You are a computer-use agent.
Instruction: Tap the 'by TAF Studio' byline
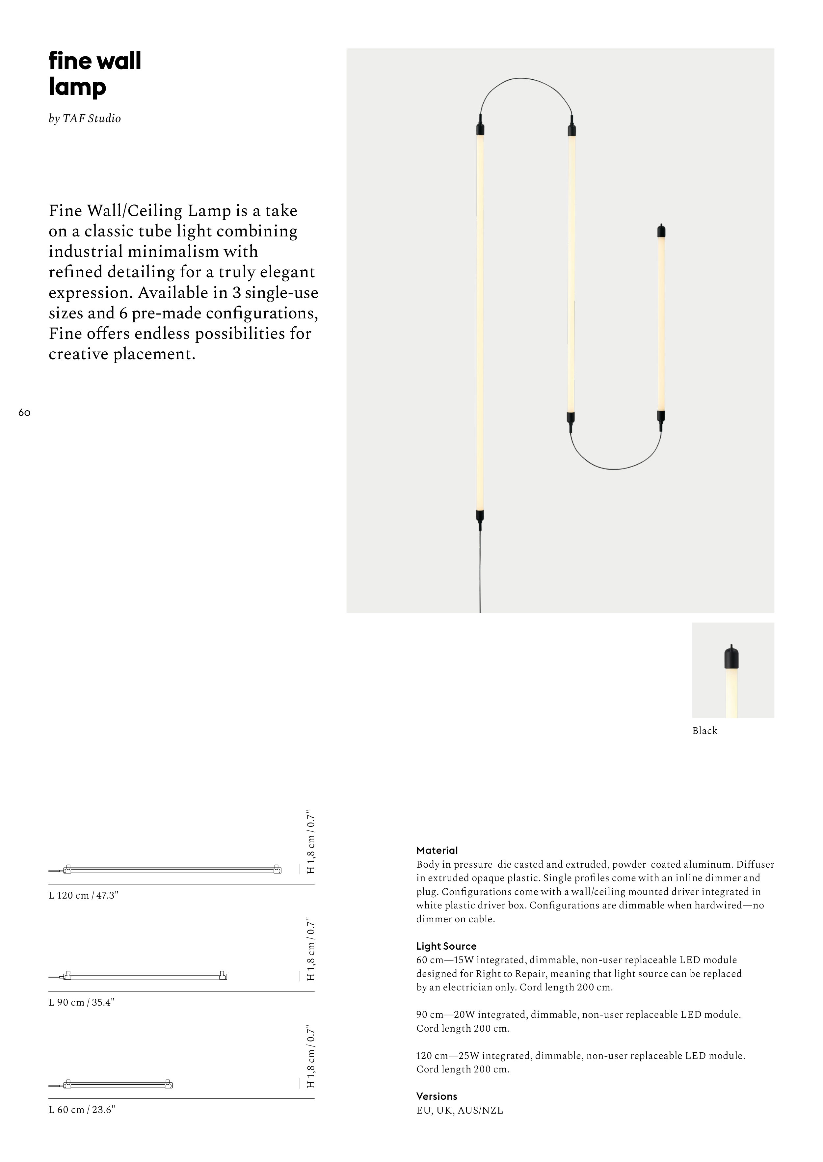click(85, 119)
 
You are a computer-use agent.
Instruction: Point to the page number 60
click(24, 413)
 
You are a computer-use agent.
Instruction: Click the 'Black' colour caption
click(704, 730)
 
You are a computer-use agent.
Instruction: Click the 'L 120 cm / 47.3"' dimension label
click(83, 895)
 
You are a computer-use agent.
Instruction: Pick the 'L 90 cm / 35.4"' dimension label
click(81, 1002)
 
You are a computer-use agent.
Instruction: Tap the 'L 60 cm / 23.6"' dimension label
click(82, 1109)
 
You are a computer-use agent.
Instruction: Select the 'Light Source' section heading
click(446, 946)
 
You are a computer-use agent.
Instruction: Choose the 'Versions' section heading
click(436, 1096)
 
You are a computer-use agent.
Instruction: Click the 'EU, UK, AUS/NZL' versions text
click(459, 1110)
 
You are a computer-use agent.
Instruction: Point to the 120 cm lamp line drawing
click(172, 870)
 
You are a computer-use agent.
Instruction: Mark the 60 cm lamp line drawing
click(119, 1085)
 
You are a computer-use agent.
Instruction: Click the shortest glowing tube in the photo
click(661, 324)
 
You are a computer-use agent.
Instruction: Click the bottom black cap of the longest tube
click(480, 516)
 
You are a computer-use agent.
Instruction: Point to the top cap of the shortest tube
click(661, 231)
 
